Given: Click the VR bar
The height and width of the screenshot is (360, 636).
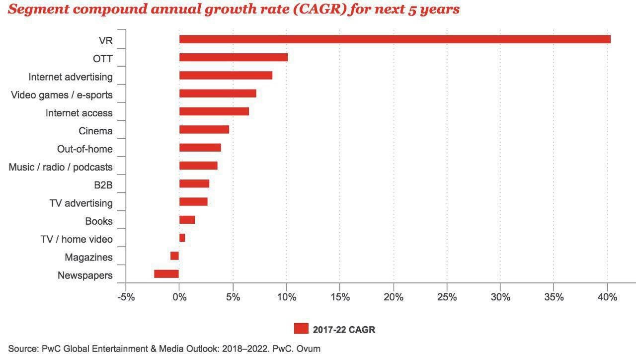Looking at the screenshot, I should pos(395,39).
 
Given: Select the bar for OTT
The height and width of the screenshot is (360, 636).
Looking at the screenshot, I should pos(233,57).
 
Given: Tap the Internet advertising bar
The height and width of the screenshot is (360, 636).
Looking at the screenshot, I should pos(226,76).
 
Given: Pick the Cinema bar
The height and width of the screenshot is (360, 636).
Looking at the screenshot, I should pos(204,130).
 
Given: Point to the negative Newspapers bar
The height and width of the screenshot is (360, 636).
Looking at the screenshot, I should pos(166,274).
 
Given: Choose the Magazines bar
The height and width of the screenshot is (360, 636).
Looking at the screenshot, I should pos(174,256).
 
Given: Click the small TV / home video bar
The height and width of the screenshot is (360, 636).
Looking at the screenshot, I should pos(182,238).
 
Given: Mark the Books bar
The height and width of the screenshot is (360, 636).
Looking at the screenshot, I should pos(187,220).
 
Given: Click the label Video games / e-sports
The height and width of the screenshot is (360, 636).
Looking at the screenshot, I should pos(62,95).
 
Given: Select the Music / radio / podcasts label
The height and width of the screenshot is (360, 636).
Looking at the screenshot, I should pos(61,167).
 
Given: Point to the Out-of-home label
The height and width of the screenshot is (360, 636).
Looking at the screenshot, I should pos(85,149).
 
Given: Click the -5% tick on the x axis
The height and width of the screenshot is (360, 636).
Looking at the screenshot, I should pos(126,297).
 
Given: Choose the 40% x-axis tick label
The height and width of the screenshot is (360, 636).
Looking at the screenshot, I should pos(607,297).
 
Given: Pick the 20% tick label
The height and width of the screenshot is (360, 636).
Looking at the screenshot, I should pos(393,297).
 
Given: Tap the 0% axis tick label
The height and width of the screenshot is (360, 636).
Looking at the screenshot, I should pos(179,297).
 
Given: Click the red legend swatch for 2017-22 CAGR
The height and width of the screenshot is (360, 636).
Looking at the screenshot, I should pos(301,329).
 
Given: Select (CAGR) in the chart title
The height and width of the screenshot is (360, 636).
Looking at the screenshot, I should pos(328,9).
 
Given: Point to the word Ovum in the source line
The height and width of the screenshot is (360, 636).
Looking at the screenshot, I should pos(309,349).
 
